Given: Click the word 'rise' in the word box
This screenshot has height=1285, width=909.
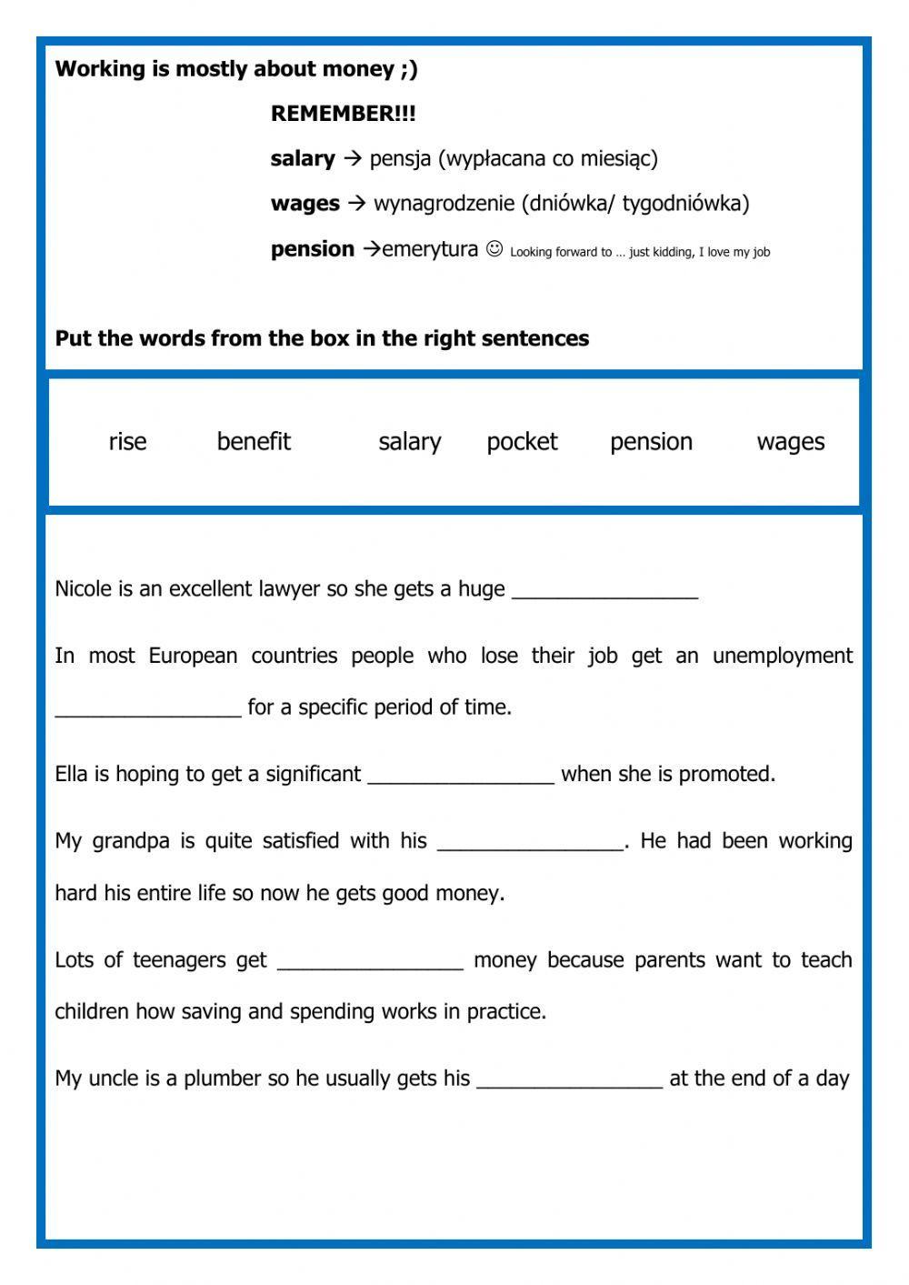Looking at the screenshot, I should [x=127, y=442].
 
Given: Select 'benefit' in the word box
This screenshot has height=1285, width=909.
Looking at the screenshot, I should [x=254, y=442].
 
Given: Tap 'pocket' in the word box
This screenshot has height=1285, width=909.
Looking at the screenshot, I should [x=522, y=442].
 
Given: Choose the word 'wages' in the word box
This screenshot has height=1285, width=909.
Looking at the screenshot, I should [x=791, y=442].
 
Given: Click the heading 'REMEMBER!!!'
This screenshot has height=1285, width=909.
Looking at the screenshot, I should [x=343, y=114].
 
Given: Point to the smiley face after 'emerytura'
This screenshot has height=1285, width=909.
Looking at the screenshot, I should [x=494, y=248].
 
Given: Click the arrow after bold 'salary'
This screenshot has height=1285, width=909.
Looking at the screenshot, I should [x=352, y=158].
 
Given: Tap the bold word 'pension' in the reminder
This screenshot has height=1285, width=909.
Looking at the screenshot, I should [x=312, y=249].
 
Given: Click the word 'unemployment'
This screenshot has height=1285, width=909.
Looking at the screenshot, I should [x=783, y=657].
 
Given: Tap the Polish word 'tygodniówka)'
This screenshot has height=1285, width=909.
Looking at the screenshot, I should [x=685, y=203].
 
